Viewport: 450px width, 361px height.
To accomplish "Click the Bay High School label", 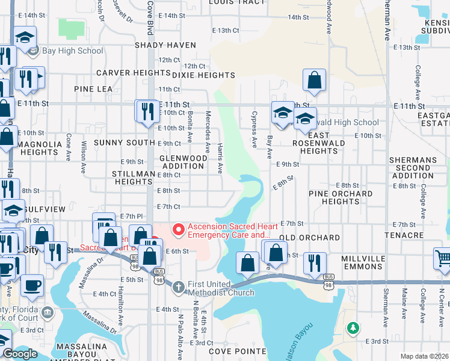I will [73, 51].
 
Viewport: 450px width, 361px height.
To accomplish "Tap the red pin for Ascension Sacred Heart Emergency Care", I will [178, 229].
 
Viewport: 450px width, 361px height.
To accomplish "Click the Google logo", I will [20, 354].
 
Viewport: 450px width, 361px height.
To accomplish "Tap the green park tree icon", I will [353, 329].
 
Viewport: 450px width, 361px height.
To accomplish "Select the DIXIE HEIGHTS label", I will [203, 76].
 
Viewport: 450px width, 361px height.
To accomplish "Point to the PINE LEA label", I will [93, 89].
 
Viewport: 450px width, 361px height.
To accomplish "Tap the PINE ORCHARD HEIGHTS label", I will [341, 197].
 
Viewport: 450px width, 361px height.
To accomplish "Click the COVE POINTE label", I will [237, 351].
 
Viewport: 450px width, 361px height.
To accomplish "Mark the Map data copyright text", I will [425, 356].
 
